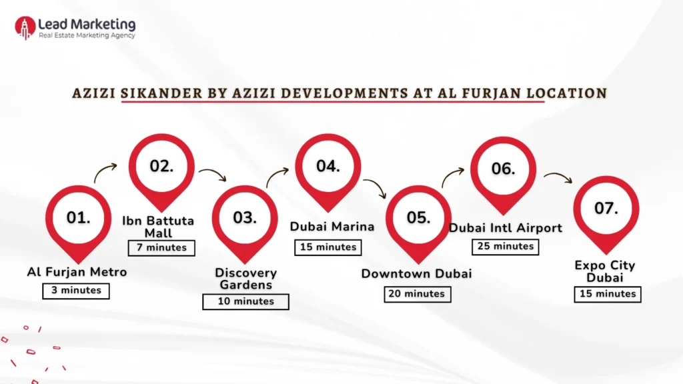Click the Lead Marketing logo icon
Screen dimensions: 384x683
tap(25, 27)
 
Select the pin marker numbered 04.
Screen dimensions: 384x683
tap(327, 168)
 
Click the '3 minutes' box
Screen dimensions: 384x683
tap(75, 291)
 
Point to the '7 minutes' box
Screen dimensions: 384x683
tap(162, 248)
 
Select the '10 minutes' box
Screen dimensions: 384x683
tap(245, 301)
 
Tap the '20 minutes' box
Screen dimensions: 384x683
tap(417, 294)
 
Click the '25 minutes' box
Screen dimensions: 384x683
tap(505, 247)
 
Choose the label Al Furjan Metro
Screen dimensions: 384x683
tap(77, 272)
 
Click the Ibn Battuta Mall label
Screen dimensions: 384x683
tap(158, 227)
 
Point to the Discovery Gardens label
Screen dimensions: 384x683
tap(245, 279)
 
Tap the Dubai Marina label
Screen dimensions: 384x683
tap(331, 227)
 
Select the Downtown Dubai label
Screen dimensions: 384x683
tap(416, 274)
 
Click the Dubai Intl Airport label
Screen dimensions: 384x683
tap(505, 228)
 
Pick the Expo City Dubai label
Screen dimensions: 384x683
tap(605, 271)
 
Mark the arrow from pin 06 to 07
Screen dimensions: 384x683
tap(558, 177)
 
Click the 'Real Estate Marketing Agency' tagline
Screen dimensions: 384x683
tap(87, 36)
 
